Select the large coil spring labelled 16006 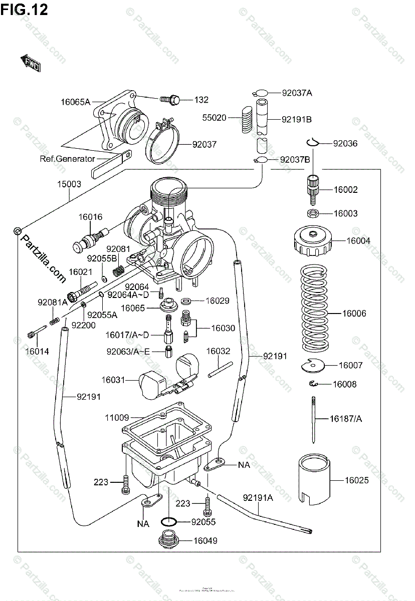tap(314, 308)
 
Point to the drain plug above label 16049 tap(169, 541)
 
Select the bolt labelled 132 tap(170, 100)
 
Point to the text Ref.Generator tap(68, 159)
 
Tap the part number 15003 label tap(69, 184)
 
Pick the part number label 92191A tap(258, 498)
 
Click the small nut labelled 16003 tap(311, 214)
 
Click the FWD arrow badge tap(31, 62)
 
